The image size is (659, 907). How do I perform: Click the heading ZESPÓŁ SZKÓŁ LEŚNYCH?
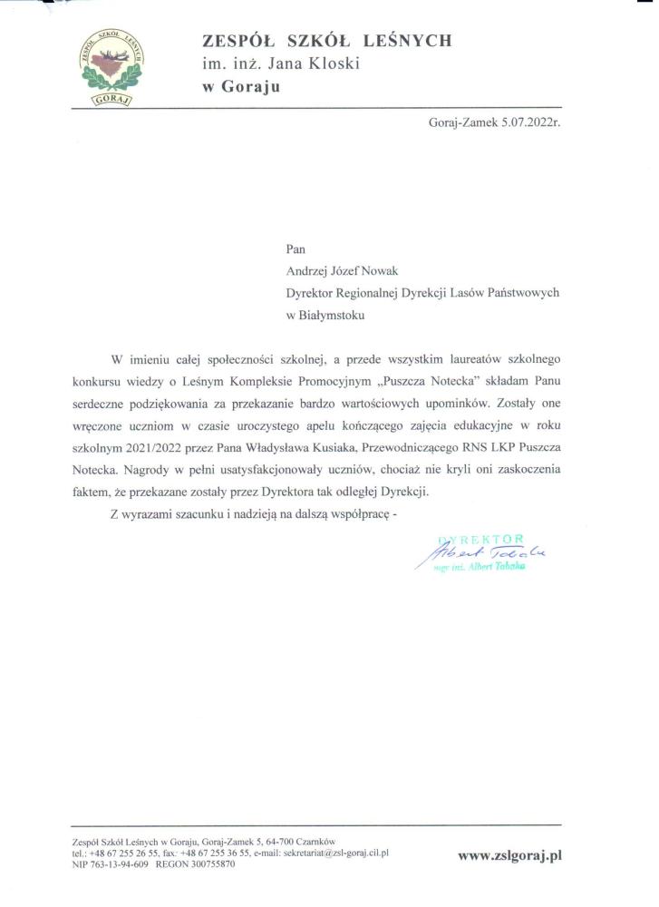coord(326,41)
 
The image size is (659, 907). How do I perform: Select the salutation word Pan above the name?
coord(296,246)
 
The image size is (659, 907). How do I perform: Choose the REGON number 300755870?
coord(210,864)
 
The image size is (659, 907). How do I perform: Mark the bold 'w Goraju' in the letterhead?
coord(240,87)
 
